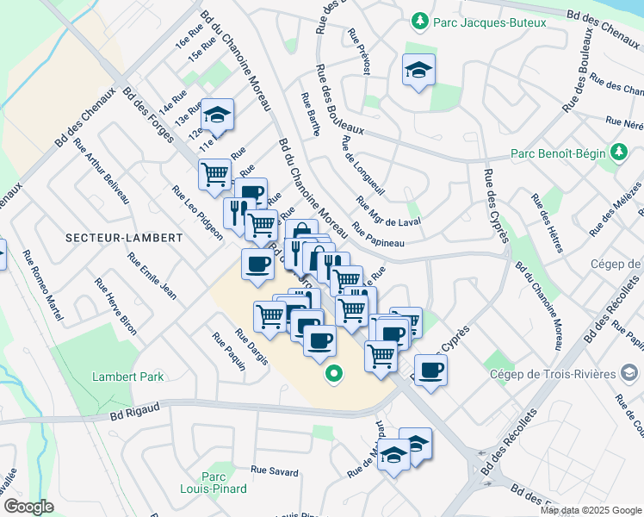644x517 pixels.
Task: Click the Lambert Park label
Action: click(x=128, y=377)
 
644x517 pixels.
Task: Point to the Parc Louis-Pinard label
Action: click(x=223, y=483)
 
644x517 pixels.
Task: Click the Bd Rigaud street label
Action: click(x=130, y=415)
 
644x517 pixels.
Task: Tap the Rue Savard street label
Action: click(x=275, y=472)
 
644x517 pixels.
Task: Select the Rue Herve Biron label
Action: click(x=116, y=307)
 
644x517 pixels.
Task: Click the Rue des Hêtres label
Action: click(x=548, y=222)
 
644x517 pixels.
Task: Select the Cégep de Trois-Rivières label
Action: click(x=550, y=373)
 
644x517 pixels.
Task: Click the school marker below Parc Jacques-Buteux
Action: click(x=418, y=71)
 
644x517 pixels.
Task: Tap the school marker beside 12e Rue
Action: click(x=217, y=114)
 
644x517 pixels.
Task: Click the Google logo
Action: click(x=29, y=507)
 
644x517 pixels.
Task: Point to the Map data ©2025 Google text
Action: click(x=591, y=510)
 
